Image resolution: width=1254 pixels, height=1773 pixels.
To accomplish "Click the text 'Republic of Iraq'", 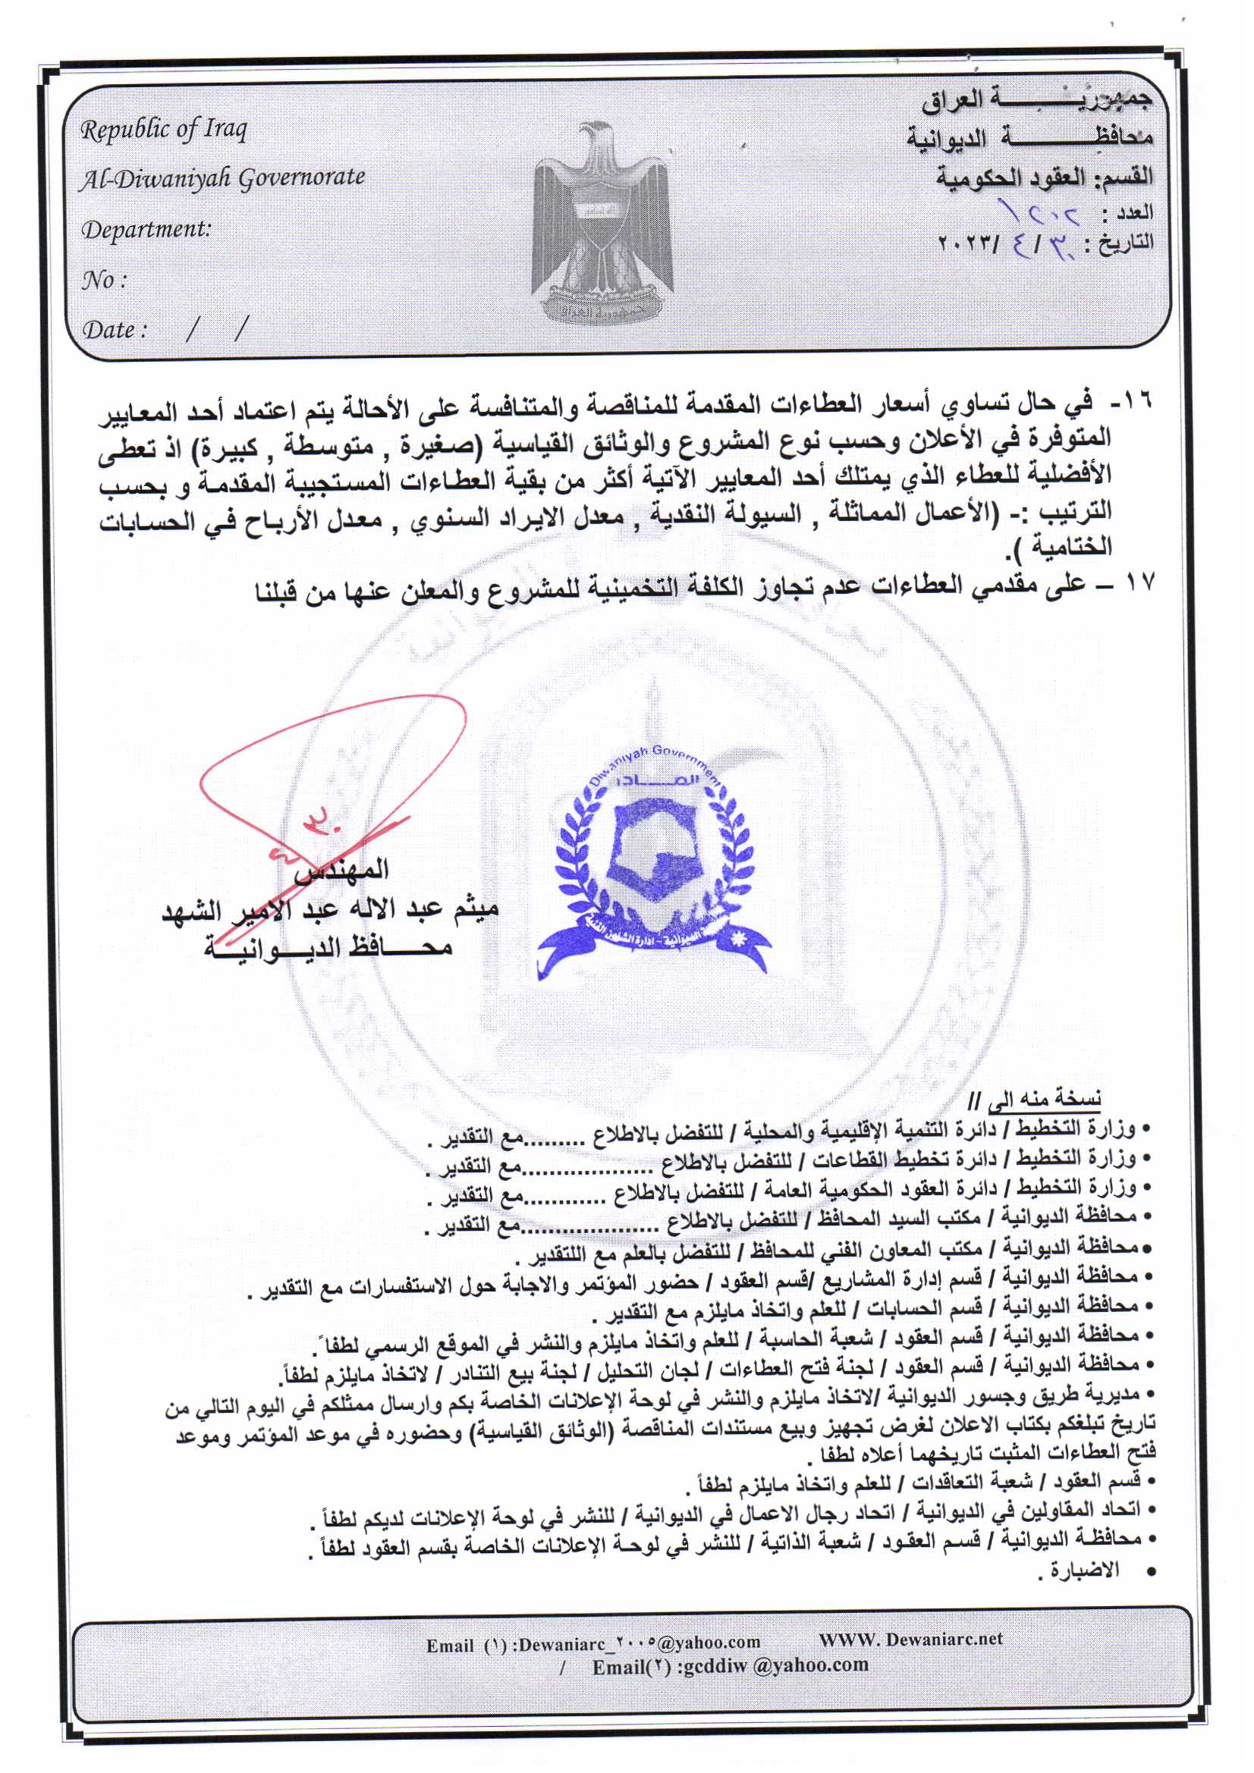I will [x=164, y=130].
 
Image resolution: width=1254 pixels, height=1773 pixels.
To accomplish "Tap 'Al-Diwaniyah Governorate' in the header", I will [x=222, y=178].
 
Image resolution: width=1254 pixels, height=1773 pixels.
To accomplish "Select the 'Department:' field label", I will [x=146, y=229].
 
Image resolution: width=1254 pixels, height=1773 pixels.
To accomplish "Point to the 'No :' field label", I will [x=103, y=280].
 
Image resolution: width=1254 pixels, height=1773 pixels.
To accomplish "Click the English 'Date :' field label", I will [x=115, y=330].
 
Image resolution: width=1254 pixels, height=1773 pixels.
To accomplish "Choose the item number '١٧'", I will [x=1137, y=582].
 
